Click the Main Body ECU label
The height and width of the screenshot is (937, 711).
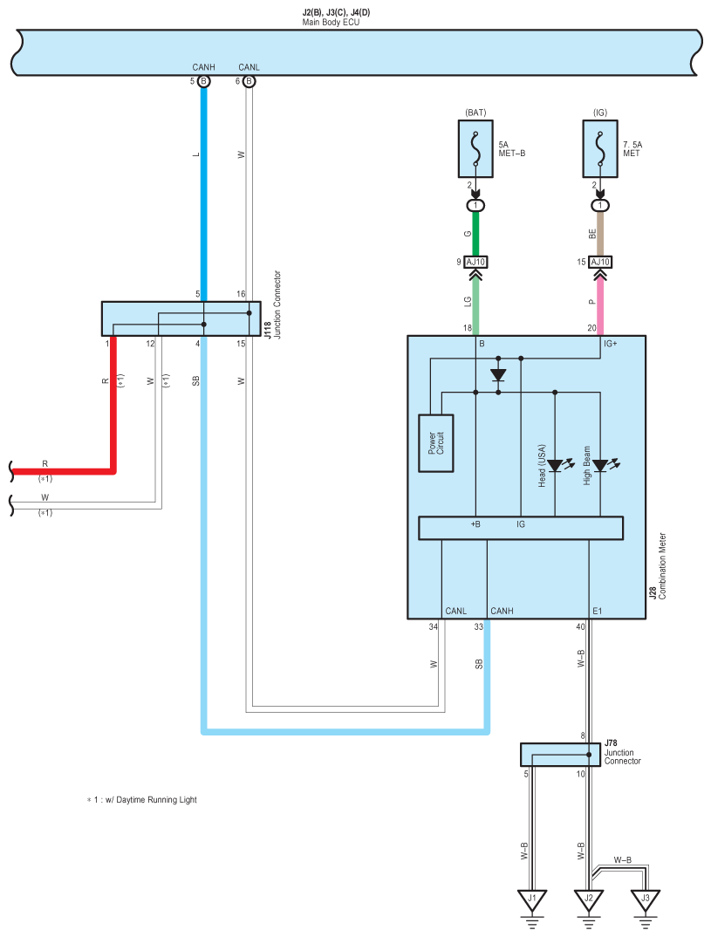pos(331,22)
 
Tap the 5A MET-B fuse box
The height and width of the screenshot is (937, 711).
pos(475,149)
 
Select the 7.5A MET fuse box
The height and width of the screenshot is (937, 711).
pos(600,149)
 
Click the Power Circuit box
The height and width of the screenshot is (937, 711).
pos(436,443)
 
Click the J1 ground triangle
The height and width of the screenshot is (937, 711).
pos(531,900)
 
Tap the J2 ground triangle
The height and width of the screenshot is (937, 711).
pos(589,900)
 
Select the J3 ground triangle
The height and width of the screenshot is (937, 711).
pos(646,900)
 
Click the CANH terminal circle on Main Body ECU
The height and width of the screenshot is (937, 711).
pos(204,81)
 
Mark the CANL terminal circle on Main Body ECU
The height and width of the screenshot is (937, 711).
pos(250,81)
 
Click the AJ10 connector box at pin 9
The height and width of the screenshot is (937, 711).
pos(475,262)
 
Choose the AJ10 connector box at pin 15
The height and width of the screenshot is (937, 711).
pos(600,262)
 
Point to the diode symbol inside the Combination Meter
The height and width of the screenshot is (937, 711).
pos(497,375)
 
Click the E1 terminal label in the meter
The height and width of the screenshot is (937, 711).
pos(598,611)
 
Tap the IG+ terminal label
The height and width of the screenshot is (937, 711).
pos(610,344)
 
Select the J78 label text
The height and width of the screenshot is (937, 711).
pos(611,743)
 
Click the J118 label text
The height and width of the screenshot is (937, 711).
pos(268,331)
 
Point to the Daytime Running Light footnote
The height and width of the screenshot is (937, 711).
pos(141,799)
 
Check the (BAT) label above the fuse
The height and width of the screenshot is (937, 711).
pos(475,113)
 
